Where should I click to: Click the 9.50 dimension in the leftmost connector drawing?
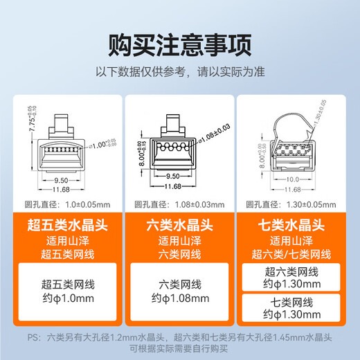pos(67,177)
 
